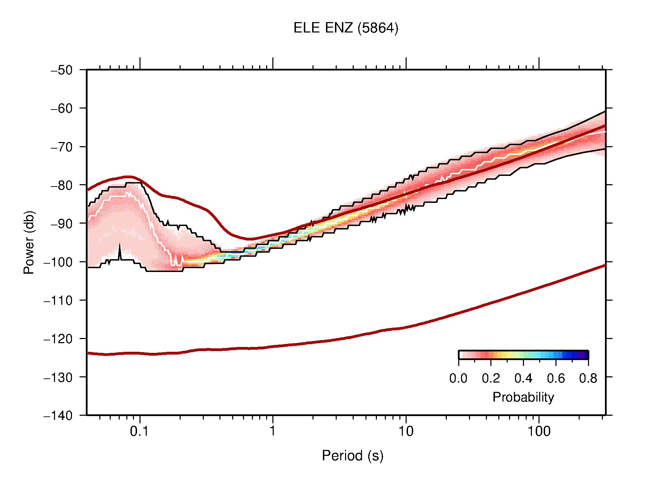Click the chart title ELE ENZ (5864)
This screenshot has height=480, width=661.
(x=346, y=28)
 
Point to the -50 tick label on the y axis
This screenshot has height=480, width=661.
(x=62, y=70)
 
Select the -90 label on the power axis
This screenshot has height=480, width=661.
(x=62, y=224)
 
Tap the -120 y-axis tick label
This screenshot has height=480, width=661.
(x=58, y=339)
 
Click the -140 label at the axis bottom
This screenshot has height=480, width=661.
(x=58, y=416)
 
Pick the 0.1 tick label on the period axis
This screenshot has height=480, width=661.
(x=139, y=431)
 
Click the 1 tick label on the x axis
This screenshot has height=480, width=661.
(x=273, y=431)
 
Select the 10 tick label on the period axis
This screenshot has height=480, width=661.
(x=406, y=431)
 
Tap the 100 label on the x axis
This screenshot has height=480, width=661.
(x=538, y=431)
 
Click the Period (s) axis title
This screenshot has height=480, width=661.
(x=352, y=456)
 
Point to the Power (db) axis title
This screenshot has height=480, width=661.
(x=29, y=242)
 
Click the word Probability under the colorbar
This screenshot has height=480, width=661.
(x=523, y=397)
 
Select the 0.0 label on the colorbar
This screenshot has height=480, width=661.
(x=458, y=379)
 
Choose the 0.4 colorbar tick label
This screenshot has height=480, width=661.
(x=523, y=379)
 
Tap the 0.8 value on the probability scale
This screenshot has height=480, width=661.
(x=588, y=379)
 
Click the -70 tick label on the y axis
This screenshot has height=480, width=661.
(x=62, y=147)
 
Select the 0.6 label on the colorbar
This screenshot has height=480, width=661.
(x=556, y=379)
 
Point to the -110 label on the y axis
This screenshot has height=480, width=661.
(x=58, y=301)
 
